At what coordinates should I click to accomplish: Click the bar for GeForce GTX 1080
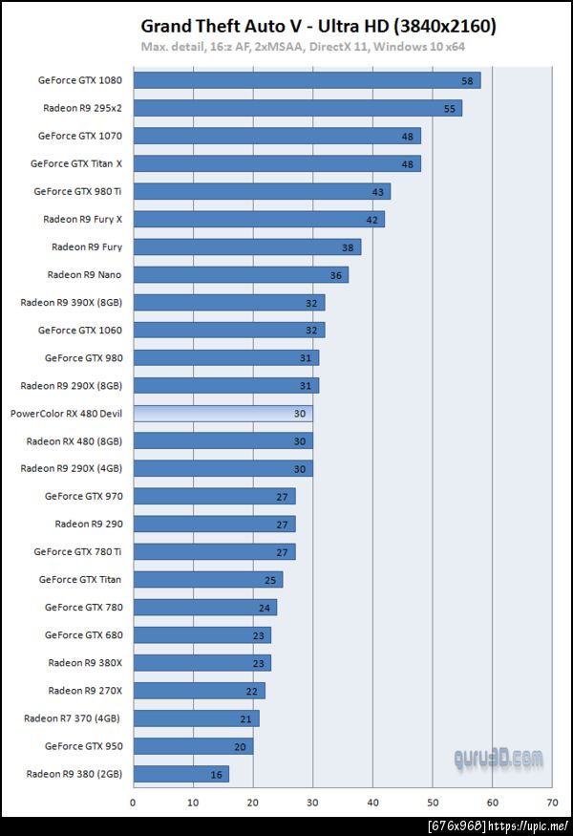click(306, 80)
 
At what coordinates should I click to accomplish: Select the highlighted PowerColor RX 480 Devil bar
click(223, 413)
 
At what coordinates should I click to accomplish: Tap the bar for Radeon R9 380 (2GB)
click(180, 773)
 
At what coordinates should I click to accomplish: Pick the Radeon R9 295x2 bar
click(297, 108)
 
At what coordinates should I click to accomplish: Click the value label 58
click(467, 81)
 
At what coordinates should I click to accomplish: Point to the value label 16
click(216, 774)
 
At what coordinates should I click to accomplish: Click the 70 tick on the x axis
click(553, 803)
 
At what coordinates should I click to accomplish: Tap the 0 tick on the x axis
click(133, 803)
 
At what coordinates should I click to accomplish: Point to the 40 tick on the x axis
click(372, 803)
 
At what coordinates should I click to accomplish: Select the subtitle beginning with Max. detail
click(303, 46)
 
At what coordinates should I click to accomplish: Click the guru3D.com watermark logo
click(499, 760)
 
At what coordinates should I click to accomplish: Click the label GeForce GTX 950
click(83, 745)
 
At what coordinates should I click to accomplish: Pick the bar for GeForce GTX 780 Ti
click(214, 551)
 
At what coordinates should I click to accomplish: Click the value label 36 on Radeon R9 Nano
click(335, 275)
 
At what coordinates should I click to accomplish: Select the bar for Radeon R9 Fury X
click(258, 219)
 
